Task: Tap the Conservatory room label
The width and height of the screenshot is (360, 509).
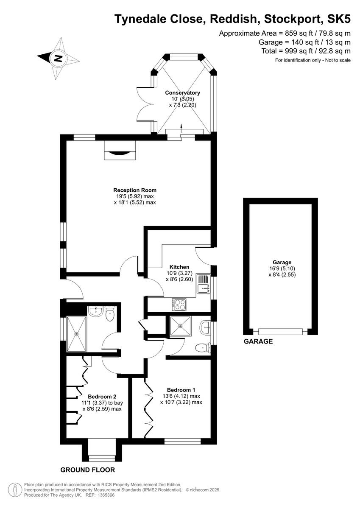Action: pyautogui.click(x=182, y=92)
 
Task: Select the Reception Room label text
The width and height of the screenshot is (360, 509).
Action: pyautogui.click(x=135, y=190)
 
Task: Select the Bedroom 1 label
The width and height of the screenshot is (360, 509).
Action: pyautogui.click(x=181, y=390)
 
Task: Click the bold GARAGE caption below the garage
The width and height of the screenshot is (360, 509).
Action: pyautogui.click(x=258, y=341)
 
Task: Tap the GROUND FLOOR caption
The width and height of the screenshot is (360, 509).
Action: pyautogui.click(x=88, y=470)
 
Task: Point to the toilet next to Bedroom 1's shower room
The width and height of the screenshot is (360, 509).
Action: pyautogui.click(x=204, y=348)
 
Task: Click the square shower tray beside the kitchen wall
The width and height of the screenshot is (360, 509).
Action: pyautogui.click(x=180, y=327)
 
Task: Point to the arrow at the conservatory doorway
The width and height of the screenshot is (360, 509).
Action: pyautogui.click(x=181, y=126)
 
